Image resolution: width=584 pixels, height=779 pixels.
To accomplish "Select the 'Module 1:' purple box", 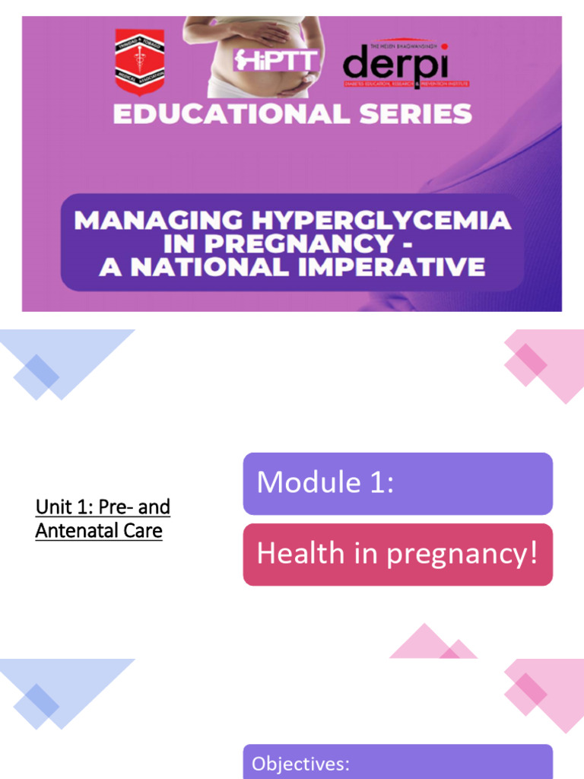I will click(398, 484).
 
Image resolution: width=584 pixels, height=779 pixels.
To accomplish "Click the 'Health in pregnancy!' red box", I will click(398, 555).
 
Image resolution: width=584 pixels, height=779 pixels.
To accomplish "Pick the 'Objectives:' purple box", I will click(398, 763).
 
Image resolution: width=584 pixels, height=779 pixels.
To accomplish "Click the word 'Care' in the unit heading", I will click(146, 530).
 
